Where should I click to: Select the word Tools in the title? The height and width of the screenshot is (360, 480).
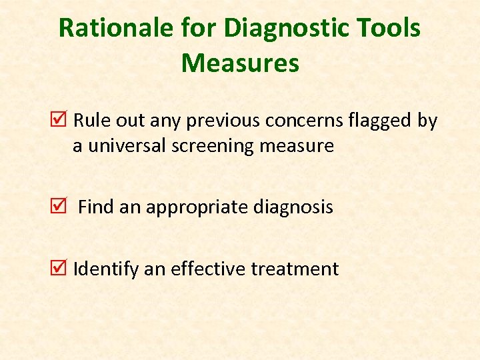(387, 29)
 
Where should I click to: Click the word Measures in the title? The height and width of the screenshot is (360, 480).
(240, 63)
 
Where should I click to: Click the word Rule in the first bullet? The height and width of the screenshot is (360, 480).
(89, 121)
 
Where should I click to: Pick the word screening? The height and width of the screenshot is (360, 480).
(212, 146)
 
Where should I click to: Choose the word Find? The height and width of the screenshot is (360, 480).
(97, 207)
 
